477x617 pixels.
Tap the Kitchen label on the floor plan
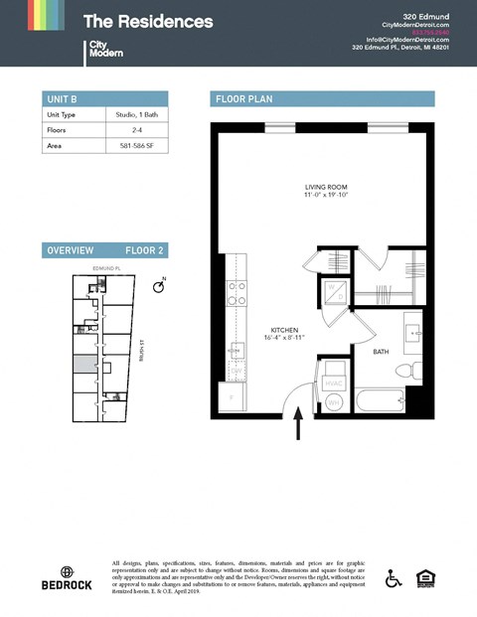(284, 330)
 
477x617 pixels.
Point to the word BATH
(381, 352)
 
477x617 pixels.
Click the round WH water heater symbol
(334, 401)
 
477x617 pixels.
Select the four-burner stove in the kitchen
(238, 293)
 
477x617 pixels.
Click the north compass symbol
(158, 286)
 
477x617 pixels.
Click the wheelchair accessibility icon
(394, 578)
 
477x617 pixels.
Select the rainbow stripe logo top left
(46, 15)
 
